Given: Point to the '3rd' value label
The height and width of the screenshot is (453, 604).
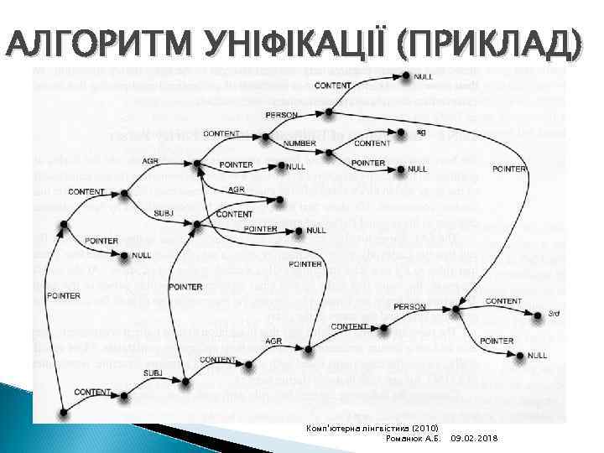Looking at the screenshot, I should (x=554, y=314).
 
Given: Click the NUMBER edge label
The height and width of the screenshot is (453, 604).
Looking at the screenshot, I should (x=299, y=143).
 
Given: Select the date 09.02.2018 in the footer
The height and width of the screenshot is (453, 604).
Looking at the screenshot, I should (x=476, y=439).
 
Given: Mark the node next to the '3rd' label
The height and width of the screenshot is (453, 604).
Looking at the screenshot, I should (x=539, y=315).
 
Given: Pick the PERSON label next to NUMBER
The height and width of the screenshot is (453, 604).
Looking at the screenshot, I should (x=281, y=114).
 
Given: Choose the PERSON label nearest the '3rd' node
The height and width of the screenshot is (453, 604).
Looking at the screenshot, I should (x=409, y=306).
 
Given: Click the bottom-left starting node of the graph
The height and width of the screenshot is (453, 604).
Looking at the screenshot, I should (x=64, y=412).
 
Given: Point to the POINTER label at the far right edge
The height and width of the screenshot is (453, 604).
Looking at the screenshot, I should (x=509, y=169).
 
